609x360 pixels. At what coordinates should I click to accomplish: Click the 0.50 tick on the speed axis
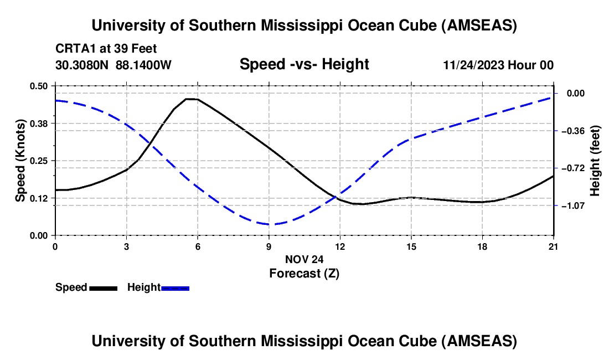[x=39, y=86]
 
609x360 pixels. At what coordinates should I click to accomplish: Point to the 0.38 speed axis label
[x=39, y=123]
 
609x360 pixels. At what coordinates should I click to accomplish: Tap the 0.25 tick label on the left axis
[x=39, y=161]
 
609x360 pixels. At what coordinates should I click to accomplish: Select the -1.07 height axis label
[x=573, y=205]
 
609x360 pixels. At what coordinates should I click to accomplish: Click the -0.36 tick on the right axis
[x=573, y=131]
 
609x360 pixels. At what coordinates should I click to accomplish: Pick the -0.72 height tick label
[x=573, y=168]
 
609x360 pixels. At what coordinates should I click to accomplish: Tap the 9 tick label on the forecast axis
[x=269, y=246]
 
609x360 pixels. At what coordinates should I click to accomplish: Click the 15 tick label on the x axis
[x=411, y=246]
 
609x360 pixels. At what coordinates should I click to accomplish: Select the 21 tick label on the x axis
[x=553, y=246]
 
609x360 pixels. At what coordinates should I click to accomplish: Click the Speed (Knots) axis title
[x=20, y=160]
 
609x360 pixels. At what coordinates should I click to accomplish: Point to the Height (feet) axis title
[x=595, y=161]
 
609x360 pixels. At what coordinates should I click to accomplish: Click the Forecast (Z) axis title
[x=304, y=273]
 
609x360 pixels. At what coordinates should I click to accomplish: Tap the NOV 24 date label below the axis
[x=304, y=259]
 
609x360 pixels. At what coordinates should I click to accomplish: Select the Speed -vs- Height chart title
[x=304, y=64]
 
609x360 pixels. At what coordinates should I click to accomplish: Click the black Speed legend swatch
[x=103, y=287]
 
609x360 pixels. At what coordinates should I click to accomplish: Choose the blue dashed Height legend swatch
[x=176, y=287]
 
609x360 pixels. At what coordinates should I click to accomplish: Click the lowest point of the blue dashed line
[x=270, y=224]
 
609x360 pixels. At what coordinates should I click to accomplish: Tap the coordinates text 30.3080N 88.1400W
[x=113, y=65]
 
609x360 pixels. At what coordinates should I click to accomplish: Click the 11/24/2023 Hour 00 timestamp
[x=498, y=65]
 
